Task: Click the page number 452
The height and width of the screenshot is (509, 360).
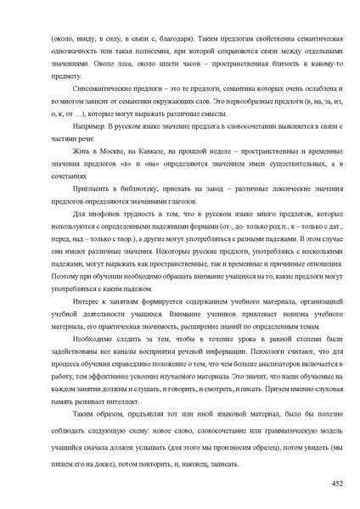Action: [x=336, y=484]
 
